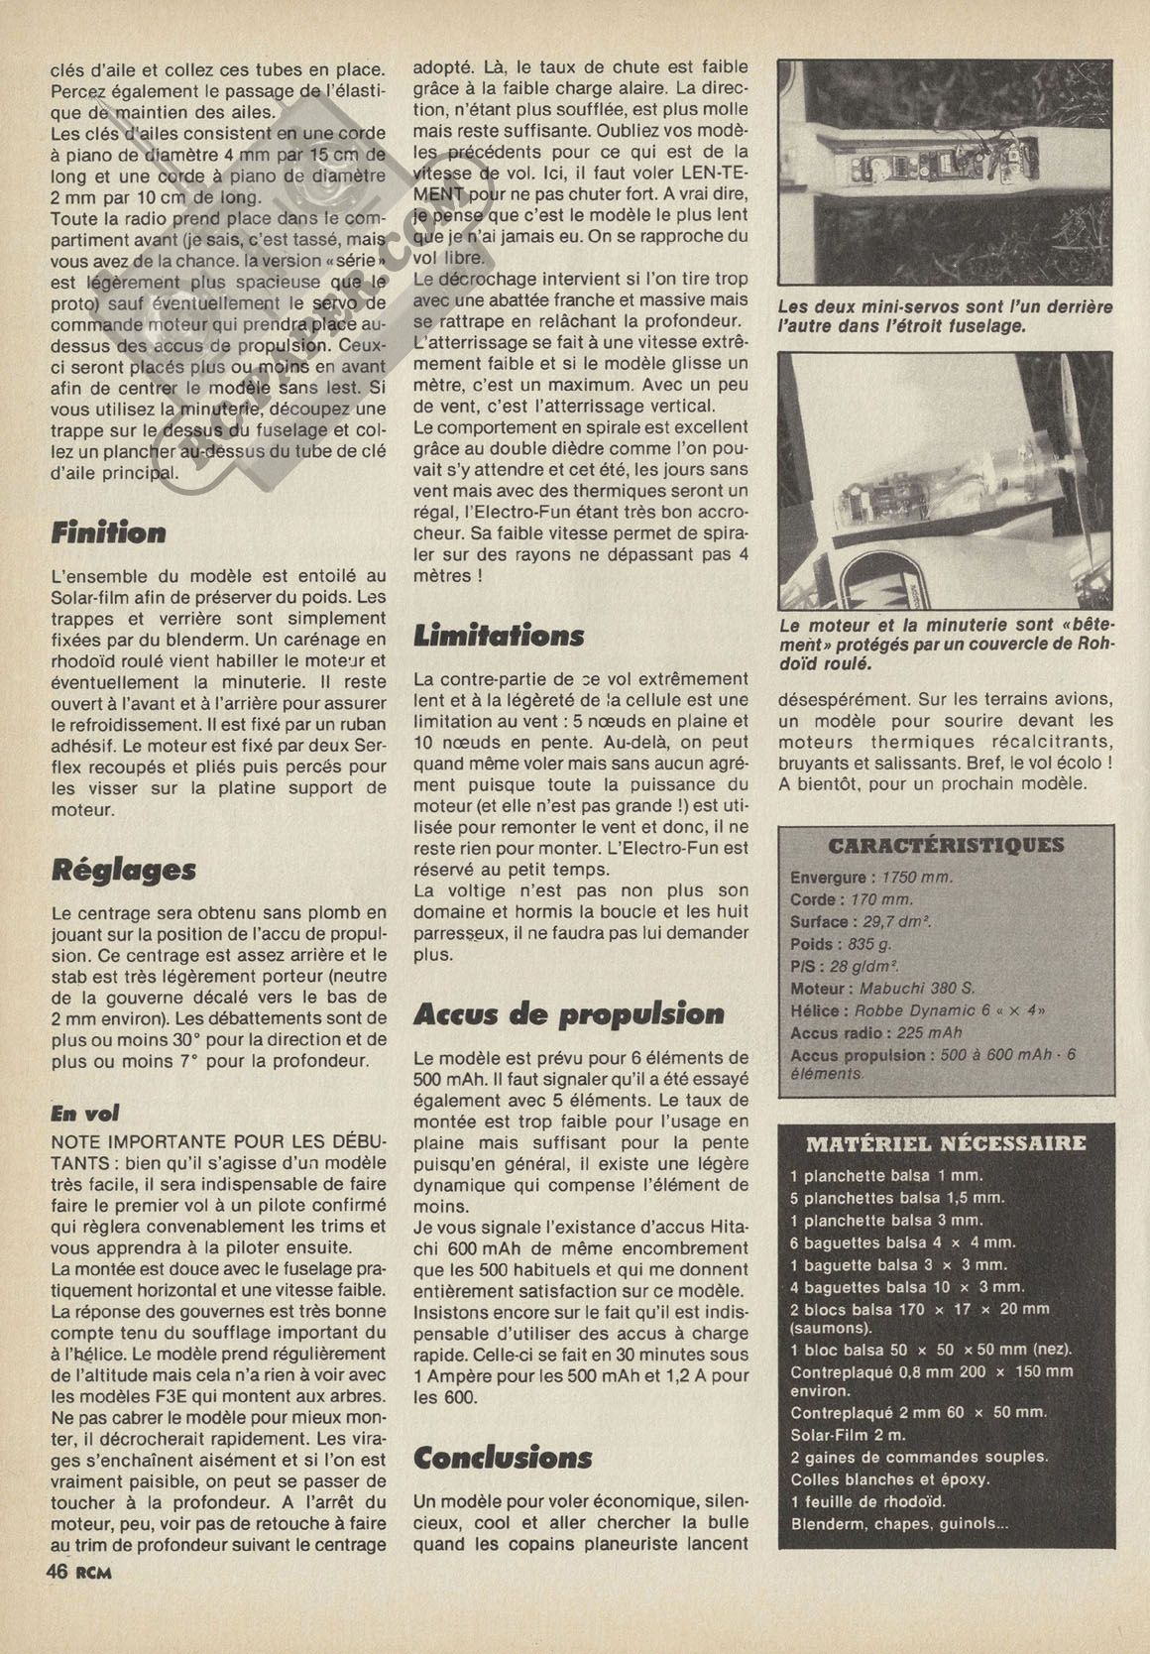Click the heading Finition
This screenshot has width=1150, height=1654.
(x=109, y=532)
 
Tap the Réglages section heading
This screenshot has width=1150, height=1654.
(x=124, y=870)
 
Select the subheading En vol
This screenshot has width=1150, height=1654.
(x=85, y=1113)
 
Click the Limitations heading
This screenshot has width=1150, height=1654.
(x=499, y=636)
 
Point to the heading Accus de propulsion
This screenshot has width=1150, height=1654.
(x=569, y=1014)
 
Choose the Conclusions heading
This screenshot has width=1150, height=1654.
(x=503, y=1458)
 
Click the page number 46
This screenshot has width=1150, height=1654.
(x=56, y=1572)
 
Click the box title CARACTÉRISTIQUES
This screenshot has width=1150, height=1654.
(x=946, y=846)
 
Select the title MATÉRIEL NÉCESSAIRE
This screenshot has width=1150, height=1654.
(x=946, y=1143)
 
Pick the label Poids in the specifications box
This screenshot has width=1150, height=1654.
(x=812, y=944)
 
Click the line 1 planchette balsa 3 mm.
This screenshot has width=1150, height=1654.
(x=886, y=1221)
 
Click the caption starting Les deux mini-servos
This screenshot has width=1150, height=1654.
(x=945, y=316)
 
